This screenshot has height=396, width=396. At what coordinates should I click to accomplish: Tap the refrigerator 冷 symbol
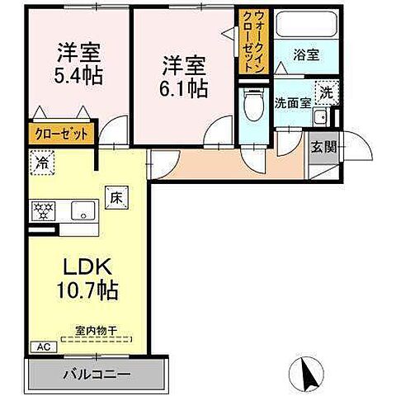pos(39,163)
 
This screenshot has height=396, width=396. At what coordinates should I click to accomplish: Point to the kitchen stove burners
pos(41,211)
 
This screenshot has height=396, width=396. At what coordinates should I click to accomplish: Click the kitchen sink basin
pos(82,211)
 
